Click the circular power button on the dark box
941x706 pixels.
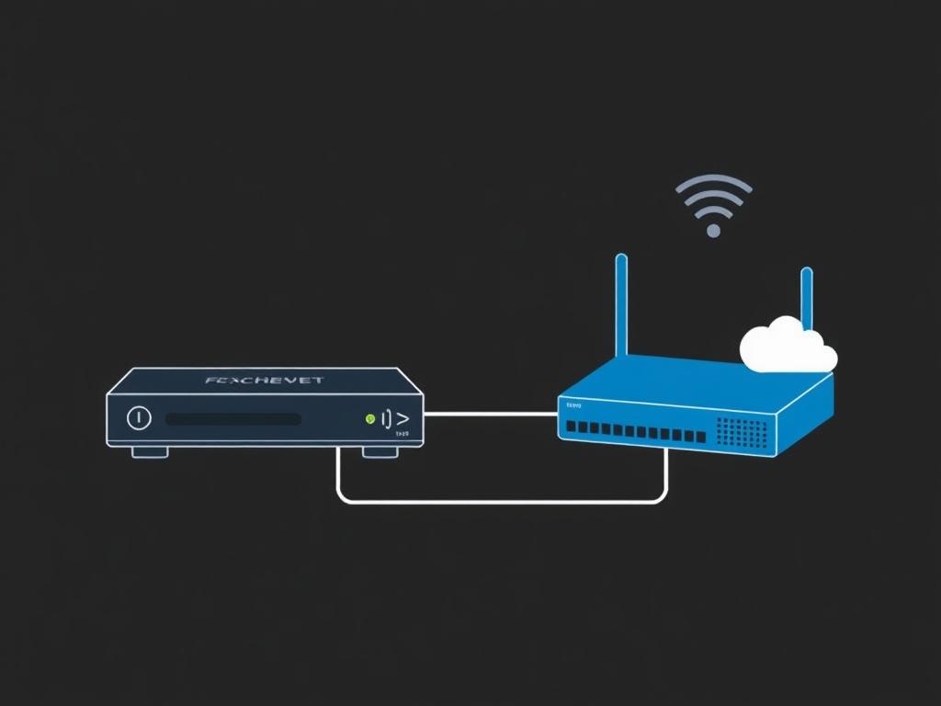click(138, 417)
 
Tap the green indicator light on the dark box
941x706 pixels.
click(369, 419)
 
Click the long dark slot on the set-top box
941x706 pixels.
click(233, 419)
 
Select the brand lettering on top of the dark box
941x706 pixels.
click(265, 380)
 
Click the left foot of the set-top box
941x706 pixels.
click(150, 452)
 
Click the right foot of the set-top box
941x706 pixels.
click(380, 452)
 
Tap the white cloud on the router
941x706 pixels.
click(787, 346)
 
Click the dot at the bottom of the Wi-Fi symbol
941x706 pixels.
click(713, 231)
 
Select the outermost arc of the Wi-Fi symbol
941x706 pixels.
click(714, 182)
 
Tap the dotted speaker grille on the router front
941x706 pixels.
click(741, 432)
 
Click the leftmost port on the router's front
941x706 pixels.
click(571, 427)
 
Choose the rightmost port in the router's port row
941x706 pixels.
click(700, 437)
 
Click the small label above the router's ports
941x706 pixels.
click(573, 405)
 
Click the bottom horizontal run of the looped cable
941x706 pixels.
click(502, 502)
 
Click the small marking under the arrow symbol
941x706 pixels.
click(402, 434)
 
